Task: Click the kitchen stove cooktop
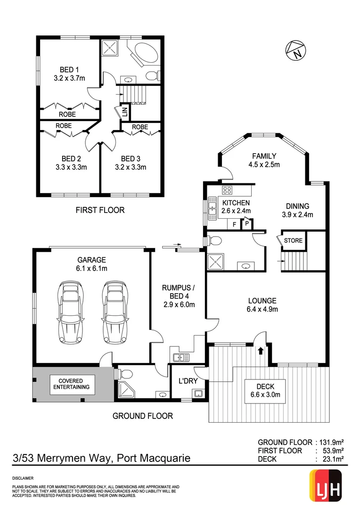coord(227,190)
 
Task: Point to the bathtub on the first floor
coord(144,55)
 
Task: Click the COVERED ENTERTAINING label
coord(71,384)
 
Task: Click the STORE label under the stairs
coord(293,240)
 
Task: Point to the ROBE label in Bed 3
coord(140,127)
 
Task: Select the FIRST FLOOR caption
coord(100,210)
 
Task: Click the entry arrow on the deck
coord(261,350)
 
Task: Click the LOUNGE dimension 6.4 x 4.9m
coord(262,310)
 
